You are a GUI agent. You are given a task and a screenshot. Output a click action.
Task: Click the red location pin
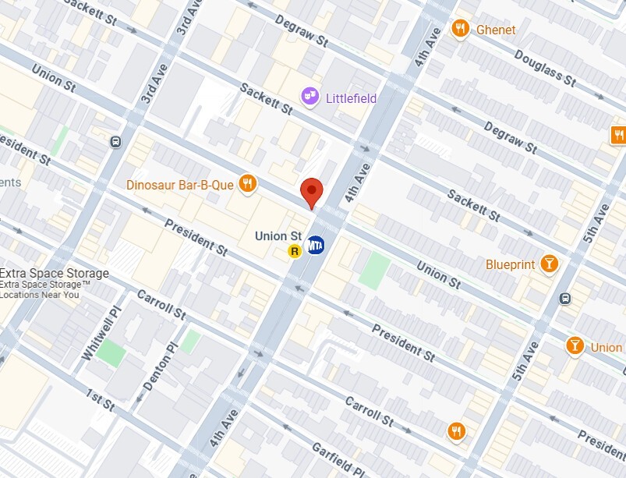pos(312,192)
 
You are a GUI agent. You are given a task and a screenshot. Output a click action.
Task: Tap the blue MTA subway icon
pos(316,245)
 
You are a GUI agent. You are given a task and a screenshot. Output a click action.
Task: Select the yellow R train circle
pos(295,250)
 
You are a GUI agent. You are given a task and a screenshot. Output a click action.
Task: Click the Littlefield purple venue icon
pos(309,96)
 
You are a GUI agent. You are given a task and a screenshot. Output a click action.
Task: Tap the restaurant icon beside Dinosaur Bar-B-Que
pos(248,183)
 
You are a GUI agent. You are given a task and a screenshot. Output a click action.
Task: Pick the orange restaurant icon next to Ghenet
pos(461,29)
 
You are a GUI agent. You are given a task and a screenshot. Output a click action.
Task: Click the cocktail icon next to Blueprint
pos(550,264)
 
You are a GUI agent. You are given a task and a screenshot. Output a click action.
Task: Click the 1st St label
pos(100,398)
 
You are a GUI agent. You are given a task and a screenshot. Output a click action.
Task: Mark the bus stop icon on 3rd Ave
pos(115,142)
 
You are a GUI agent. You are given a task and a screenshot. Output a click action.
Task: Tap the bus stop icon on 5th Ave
pos(565,298)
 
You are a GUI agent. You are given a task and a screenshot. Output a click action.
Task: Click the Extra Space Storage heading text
pos(54,274)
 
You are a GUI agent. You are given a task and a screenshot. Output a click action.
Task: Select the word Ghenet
pos(497,30)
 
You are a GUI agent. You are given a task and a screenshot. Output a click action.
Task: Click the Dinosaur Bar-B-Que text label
pos(181,185)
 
